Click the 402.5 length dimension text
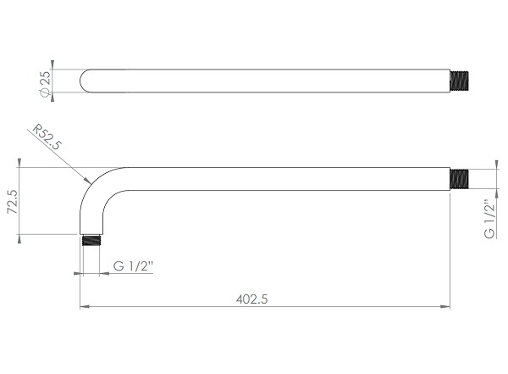(x=251, y=299)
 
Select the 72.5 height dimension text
(x=13, y=202)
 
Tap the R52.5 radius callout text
(x=47, y=137)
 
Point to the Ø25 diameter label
(x=45, y=84)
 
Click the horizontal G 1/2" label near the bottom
(x=133, y=266)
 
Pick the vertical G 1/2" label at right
(x=489, y=219)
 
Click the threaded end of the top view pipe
(x=460, y=81)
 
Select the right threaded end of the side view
(x=460, y=179)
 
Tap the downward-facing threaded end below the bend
(x=91, y=240)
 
